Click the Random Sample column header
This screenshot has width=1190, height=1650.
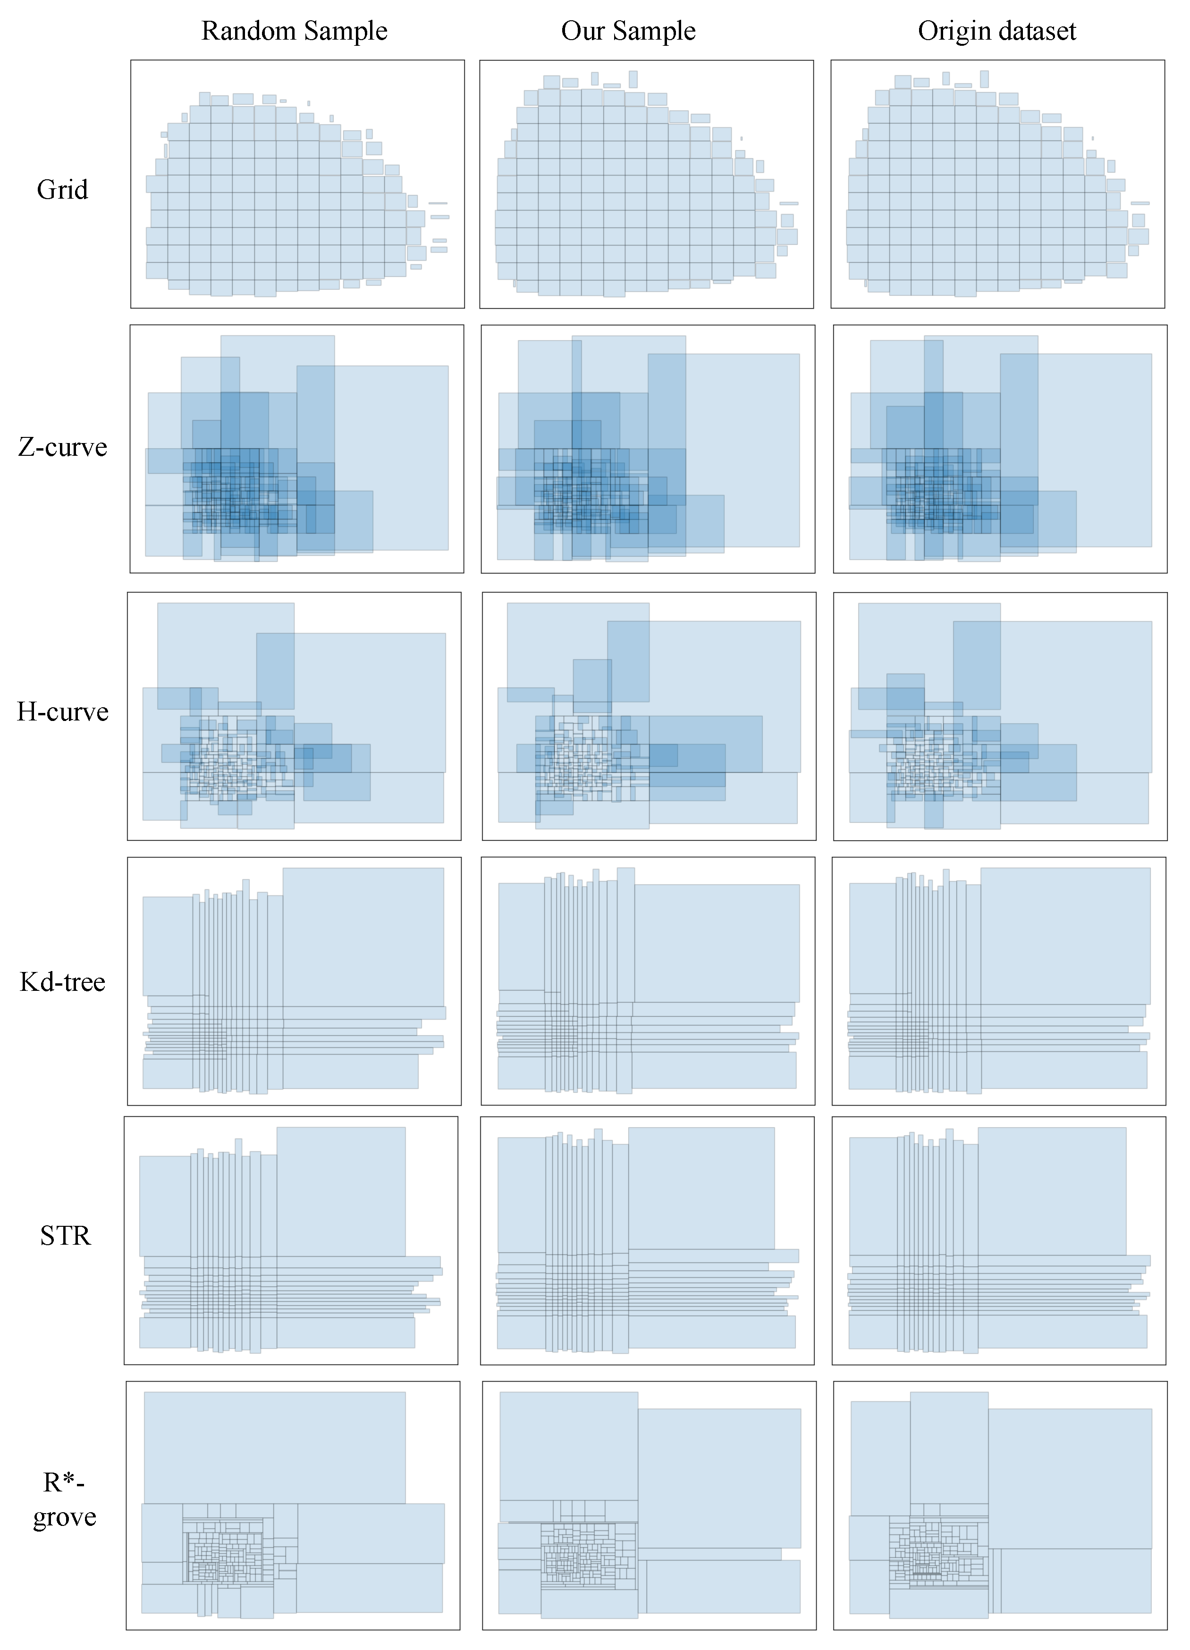(x=294, y=31)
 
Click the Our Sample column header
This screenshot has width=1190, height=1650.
(x=628, y=31)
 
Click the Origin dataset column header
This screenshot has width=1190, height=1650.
(x=996, y=31)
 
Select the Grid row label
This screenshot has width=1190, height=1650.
(x=63, y=190)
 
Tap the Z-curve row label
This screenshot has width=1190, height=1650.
(x=63, y=447)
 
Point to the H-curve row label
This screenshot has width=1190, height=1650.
(x=63, y=712)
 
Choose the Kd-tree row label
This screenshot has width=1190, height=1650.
(x=63, y=982)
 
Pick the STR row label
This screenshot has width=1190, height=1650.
(x=66, y=1235)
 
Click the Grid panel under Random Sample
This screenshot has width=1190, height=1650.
(x=297, y=184)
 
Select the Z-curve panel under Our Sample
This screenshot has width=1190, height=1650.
(x=648, y=449)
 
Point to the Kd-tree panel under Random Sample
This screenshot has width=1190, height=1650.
(x=294, y=980)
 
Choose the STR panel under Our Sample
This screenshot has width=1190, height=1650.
(x=647, y=1240)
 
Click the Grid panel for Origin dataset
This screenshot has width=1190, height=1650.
(x=997, y=184)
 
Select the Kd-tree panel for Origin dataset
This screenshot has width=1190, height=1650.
(x=998, y=980)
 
